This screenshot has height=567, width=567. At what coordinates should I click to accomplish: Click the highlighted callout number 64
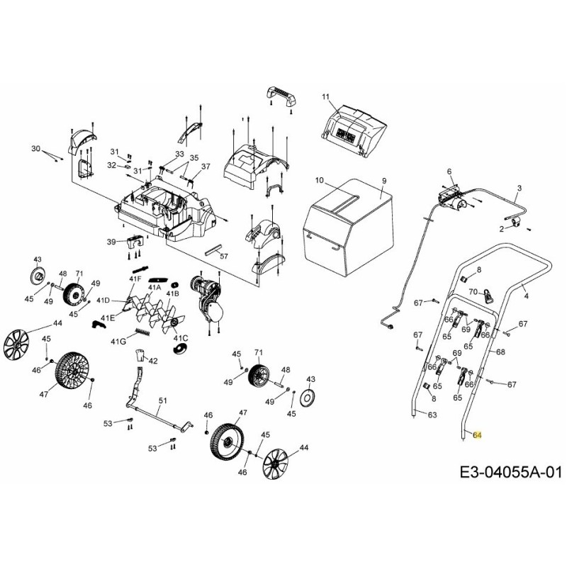click(x=477, y=436)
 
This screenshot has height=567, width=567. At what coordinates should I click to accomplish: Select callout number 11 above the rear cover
click(x=326, y=96)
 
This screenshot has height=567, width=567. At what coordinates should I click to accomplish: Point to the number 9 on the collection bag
click(x=384, y=181)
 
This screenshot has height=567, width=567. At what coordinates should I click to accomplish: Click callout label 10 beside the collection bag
click(x=319, y=181)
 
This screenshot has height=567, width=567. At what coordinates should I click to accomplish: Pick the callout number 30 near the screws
click(x=36, y=149)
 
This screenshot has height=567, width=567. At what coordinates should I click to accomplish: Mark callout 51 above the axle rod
click(x=162, y=401)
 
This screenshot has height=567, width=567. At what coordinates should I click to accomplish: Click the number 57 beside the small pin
click(x=223, y=256)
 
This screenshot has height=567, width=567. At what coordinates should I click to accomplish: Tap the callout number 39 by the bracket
click(x=111, y=242)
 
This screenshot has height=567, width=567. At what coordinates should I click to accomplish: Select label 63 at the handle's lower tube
click(x=432, y=415)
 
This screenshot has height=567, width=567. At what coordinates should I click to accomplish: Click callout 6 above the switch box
click(x=449, y=172)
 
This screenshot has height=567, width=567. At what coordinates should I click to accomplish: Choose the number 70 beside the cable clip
click(x=473, y=292)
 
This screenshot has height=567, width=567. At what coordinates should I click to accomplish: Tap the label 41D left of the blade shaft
click(x=103, y=301)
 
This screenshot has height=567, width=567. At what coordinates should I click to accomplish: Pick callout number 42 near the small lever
click(x=152, y=361)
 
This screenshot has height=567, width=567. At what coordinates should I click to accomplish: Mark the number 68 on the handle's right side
click(x=500, y=352)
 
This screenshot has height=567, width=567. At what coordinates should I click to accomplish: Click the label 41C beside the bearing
click(x=181, y=338)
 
